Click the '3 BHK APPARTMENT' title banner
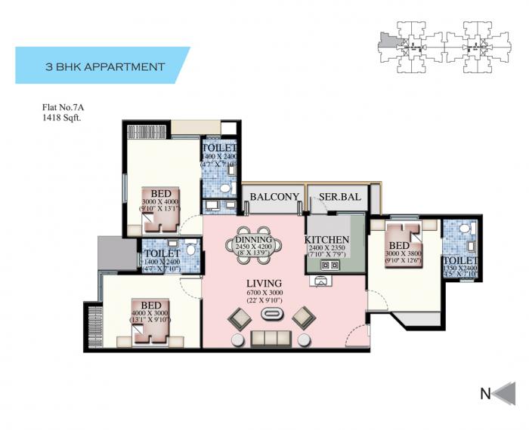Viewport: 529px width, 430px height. click(x=102, y=66)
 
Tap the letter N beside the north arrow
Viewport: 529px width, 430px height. click(x=487, y=393)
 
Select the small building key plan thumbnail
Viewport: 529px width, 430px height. click(x=438, y=45)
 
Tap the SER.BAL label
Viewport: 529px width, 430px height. click(x=337, y=197)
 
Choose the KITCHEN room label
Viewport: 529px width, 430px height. click(x=327, y=241)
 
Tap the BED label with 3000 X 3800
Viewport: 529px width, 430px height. click(x=398, y=246)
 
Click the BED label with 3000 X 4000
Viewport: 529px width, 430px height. click(x=159, y=193)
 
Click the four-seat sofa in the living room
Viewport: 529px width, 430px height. click(x=270, y=336)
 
